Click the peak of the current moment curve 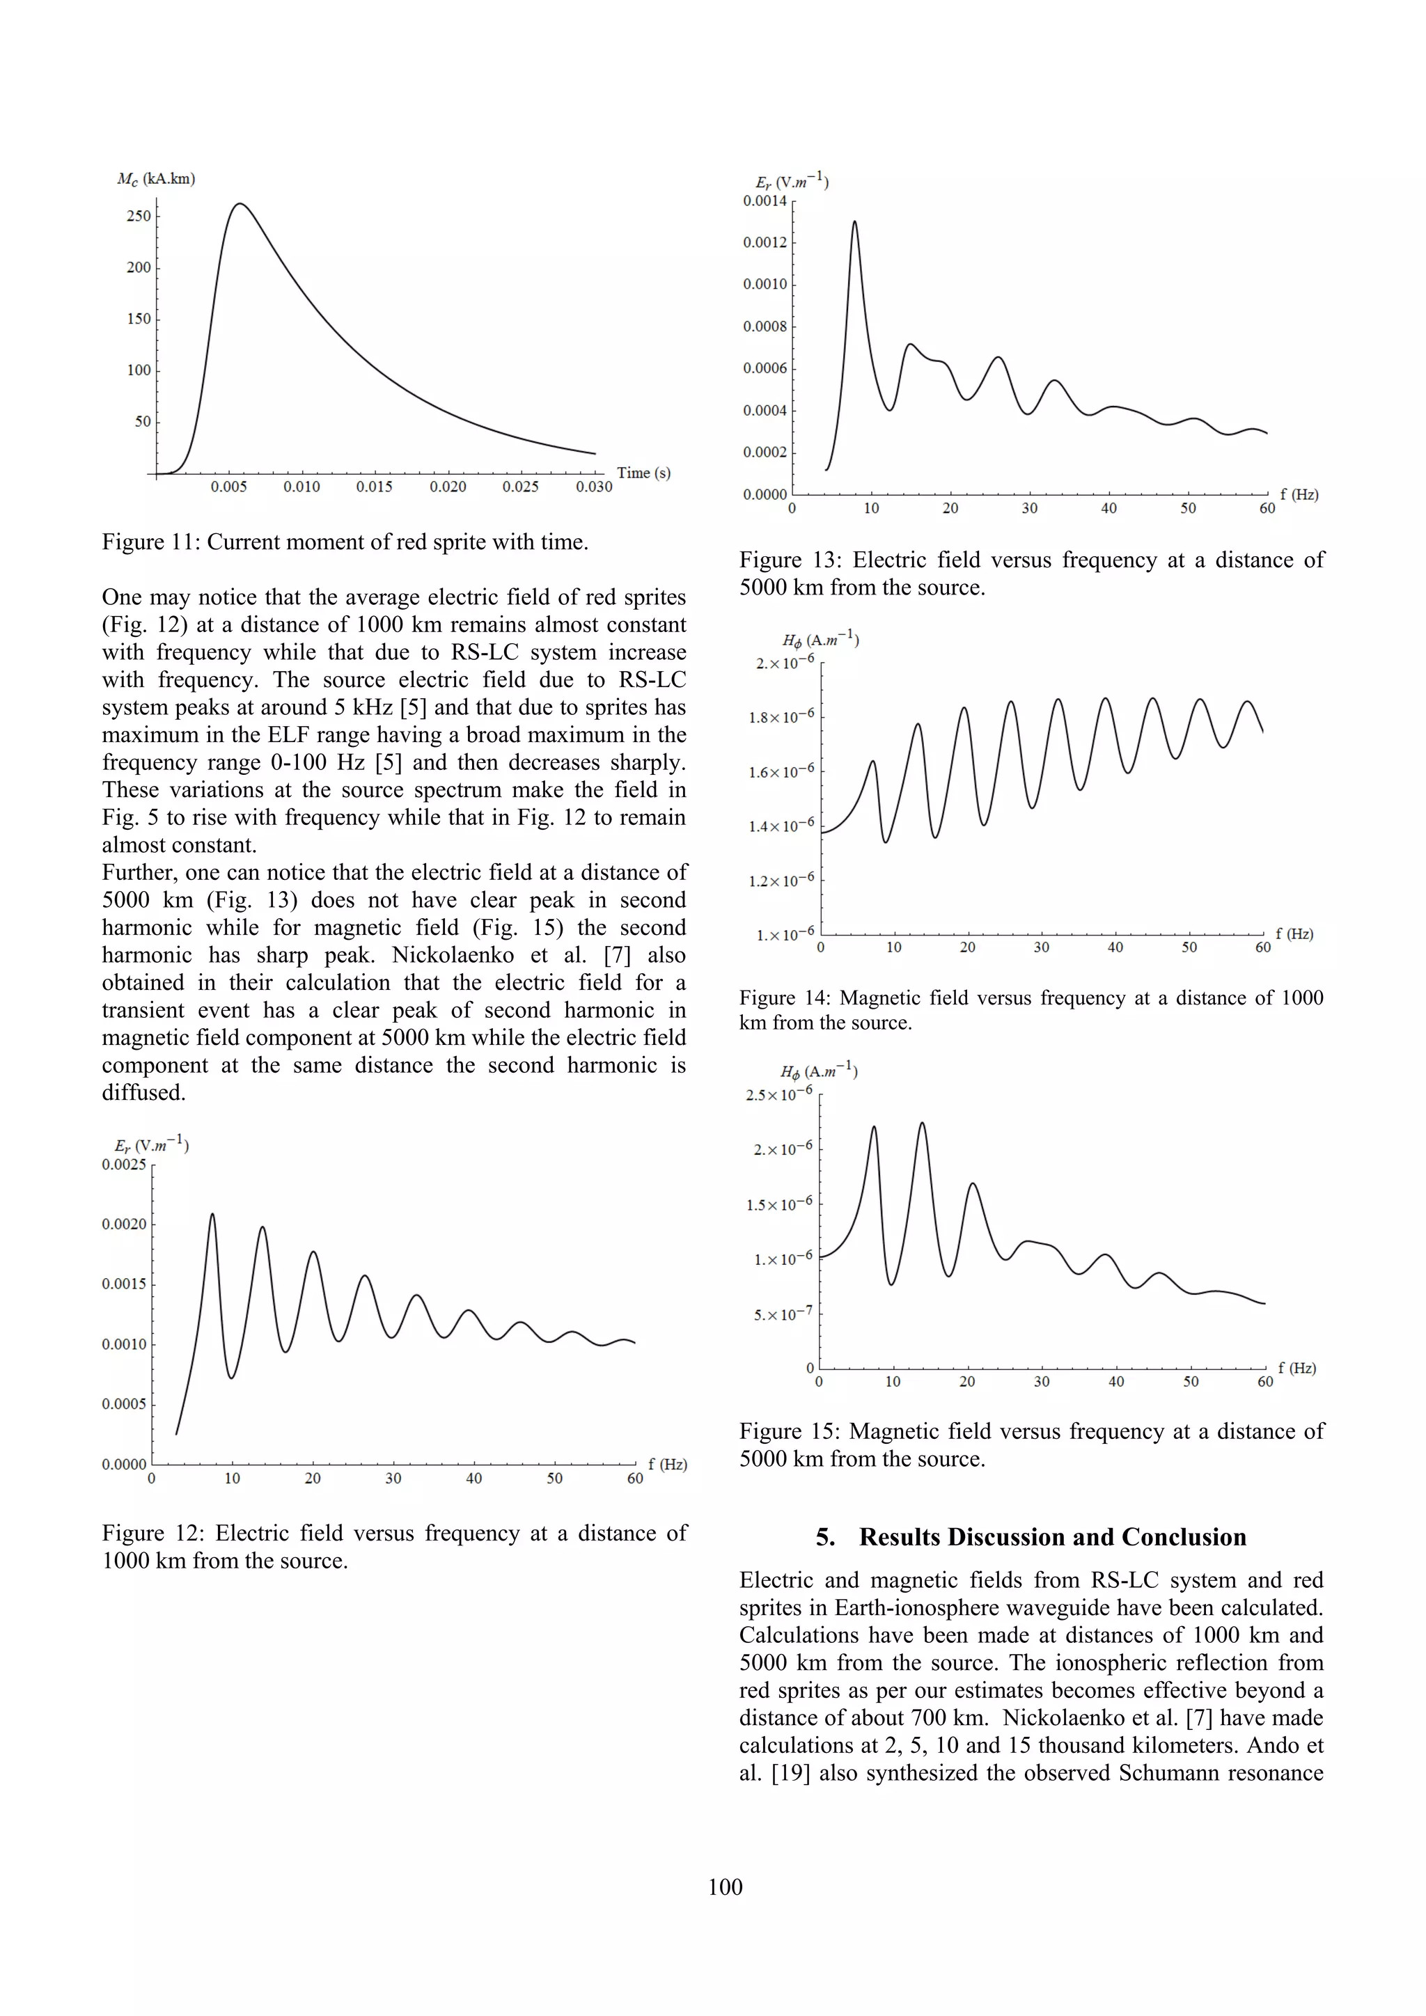tap(240, 204)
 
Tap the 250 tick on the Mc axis tap(139, 216)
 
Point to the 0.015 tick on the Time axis tap(374, 487)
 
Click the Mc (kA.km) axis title tap(156, 179)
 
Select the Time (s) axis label tap(643, 473)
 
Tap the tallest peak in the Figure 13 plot tap(854, 221)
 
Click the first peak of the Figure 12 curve tap(212, 1214)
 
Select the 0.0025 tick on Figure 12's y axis tap(124, 1165)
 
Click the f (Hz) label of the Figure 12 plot tap(667, 1464)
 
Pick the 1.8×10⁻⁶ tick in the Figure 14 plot tap(781, 718)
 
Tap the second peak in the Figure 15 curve tap(922, 1123)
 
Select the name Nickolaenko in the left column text tap(452, 955)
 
